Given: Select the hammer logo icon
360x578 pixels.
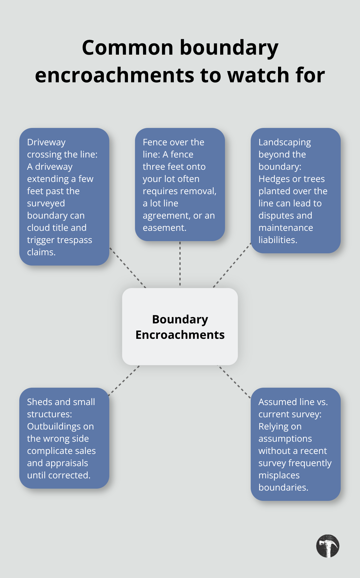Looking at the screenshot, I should tap(328, 546).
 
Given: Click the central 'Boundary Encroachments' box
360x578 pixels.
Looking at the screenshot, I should tap(180, 327).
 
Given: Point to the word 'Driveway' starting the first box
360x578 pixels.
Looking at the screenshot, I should tap(46, 142).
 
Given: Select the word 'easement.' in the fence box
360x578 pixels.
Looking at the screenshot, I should tap(165, 228).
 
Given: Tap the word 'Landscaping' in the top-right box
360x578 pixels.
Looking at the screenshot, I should tap(284, 142).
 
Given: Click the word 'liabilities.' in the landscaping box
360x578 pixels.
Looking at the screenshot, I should tap(278, 240).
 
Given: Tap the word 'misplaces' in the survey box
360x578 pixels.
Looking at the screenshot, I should tap(279, 475).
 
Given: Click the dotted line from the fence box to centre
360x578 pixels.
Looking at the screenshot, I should tap(180, 264).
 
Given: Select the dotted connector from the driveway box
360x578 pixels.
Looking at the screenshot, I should tap(128, 267).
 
